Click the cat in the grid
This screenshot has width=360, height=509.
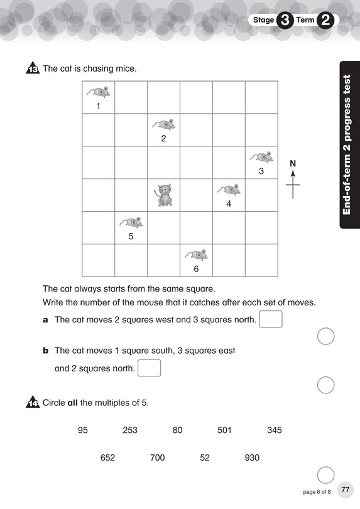(164, 195)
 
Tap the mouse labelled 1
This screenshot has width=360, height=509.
(99, 92)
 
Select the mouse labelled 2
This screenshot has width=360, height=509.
(164, 124)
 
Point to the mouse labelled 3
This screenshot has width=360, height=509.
(261, 157)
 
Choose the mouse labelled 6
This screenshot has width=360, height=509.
(197, 255)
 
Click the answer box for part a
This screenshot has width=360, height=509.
(271, 319)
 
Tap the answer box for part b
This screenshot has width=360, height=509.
(149, 368)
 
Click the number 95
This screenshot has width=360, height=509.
(83, 430)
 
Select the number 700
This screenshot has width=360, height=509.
(158, 457)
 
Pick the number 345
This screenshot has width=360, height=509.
(275, 430)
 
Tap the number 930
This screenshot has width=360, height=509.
(252, 457)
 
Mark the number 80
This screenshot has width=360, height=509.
(177, 430)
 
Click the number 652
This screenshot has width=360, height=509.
(108, 457)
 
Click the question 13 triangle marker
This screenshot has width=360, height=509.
(33, 69)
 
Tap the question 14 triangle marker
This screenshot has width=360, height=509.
(33, 403)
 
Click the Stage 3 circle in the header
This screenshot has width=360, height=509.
(285, 20)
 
